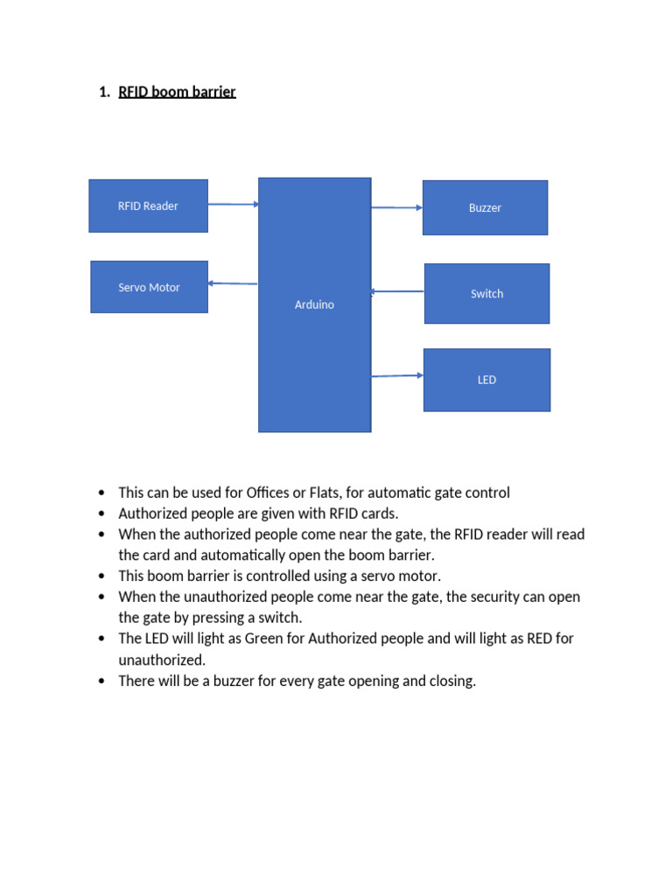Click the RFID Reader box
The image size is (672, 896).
click(x=148, y=206)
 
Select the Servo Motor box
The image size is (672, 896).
click(x=149, y=287)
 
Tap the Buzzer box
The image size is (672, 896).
click(x=485, y=208)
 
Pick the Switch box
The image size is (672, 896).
click(x=486, y=294)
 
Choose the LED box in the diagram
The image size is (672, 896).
click(x=486, y=380)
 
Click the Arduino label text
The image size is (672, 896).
click(x=314, y=304)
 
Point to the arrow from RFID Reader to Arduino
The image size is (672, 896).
click(x=233, y=204)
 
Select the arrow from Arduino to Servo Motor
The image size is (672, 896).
click(x=233, y=283)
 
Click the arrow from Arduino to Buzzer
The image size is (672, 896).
click(x=396, y=207)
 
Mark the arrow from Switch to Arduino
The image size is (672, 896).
click(x=397, y=291)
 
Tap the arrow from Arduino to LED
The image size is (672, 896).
click(x=396, y=376)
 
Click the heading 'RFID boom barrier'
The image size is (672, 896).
click(x=177, y=91)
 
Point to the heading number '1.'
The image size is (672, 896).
click(x=105, y=91)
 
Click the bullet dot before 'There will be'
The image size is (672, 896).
click(x=102, y=681)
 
